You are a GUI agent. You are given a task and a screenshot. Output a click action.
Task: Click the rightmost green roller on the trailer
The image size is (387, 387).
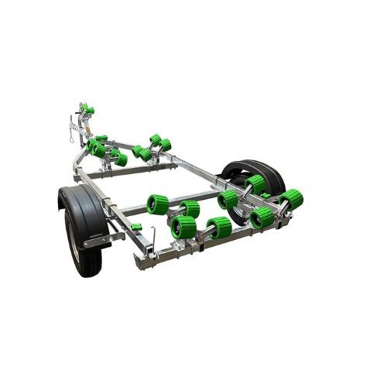pyautogui.click(x=291, y=199)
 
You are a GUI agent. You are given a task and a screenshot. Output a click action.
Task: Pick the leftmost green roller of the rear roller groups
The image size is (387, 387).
pyautogui.click(x=157, y=204)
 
